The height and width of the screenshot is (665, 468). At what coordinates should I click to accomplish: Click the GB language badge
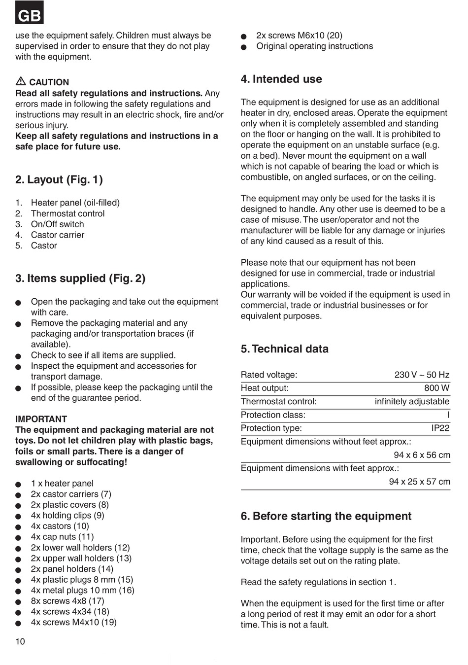click(x=30, y=14)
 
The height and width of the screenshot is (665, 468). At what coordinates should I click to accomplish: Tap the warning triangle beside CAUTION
click(x=21, y=82)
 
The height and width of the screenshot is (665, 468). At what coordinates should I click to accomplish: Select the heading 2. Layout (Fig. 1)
click(x=59, y=180)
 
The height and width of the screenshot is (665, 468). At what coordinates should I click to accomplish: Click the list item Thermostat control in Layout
click(x=67, y=213)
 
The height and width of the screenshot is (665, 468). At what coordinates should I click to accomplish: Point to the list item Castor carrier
click(x=57, y=235)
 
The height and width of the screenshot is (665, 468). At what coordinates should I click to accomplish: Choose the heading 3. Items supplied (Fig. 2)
click(x=80, y=279)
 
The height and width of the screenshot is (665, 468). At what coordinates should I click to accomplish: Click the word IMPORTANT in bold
click(x=41, y=419)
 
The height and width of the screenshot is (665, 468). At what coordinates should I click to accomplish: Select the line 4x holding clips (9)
click(x=67, y=516)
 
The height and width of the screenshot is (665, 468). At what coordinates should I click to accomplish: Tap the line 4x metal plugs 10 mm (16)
click(x=82, y=591)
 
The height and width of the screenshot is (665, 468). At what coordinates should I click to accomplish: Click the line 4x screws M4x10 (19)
click(x=73, y=623)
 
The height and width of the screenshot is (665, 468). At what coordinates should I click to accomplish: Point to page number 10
click(x=20, y=641)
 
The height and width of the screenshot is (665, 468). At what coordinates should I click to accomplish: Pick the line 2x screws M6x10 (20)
click(x=299, y=35)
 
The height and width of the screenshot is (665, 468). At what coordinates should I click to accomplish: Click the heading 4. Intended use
click(x=281, y=79)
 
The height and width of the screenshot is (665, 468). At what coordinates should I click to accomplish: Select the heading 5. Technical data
click(x=285, y=349)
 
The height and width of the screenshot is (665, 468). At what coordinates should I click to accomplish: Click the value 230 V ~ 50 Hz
click(x=422, y=375)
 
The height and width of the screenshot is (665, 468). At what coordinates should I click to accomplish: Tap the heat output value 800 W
click(x=436, y=388)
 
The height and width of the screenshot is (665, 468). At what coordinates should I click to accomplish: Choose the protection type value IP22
click(x=440, y=428)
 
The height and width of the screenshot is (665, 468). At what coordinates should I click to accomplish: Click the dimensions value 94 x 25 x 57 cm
click(x=419, y=482)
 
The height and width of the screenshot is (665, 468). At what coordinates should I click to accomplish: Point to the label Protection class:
click(x=273, y=415)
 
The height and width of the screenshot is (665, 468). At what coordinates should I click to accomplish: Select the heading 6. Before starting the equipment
click(x=326, y=517)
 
